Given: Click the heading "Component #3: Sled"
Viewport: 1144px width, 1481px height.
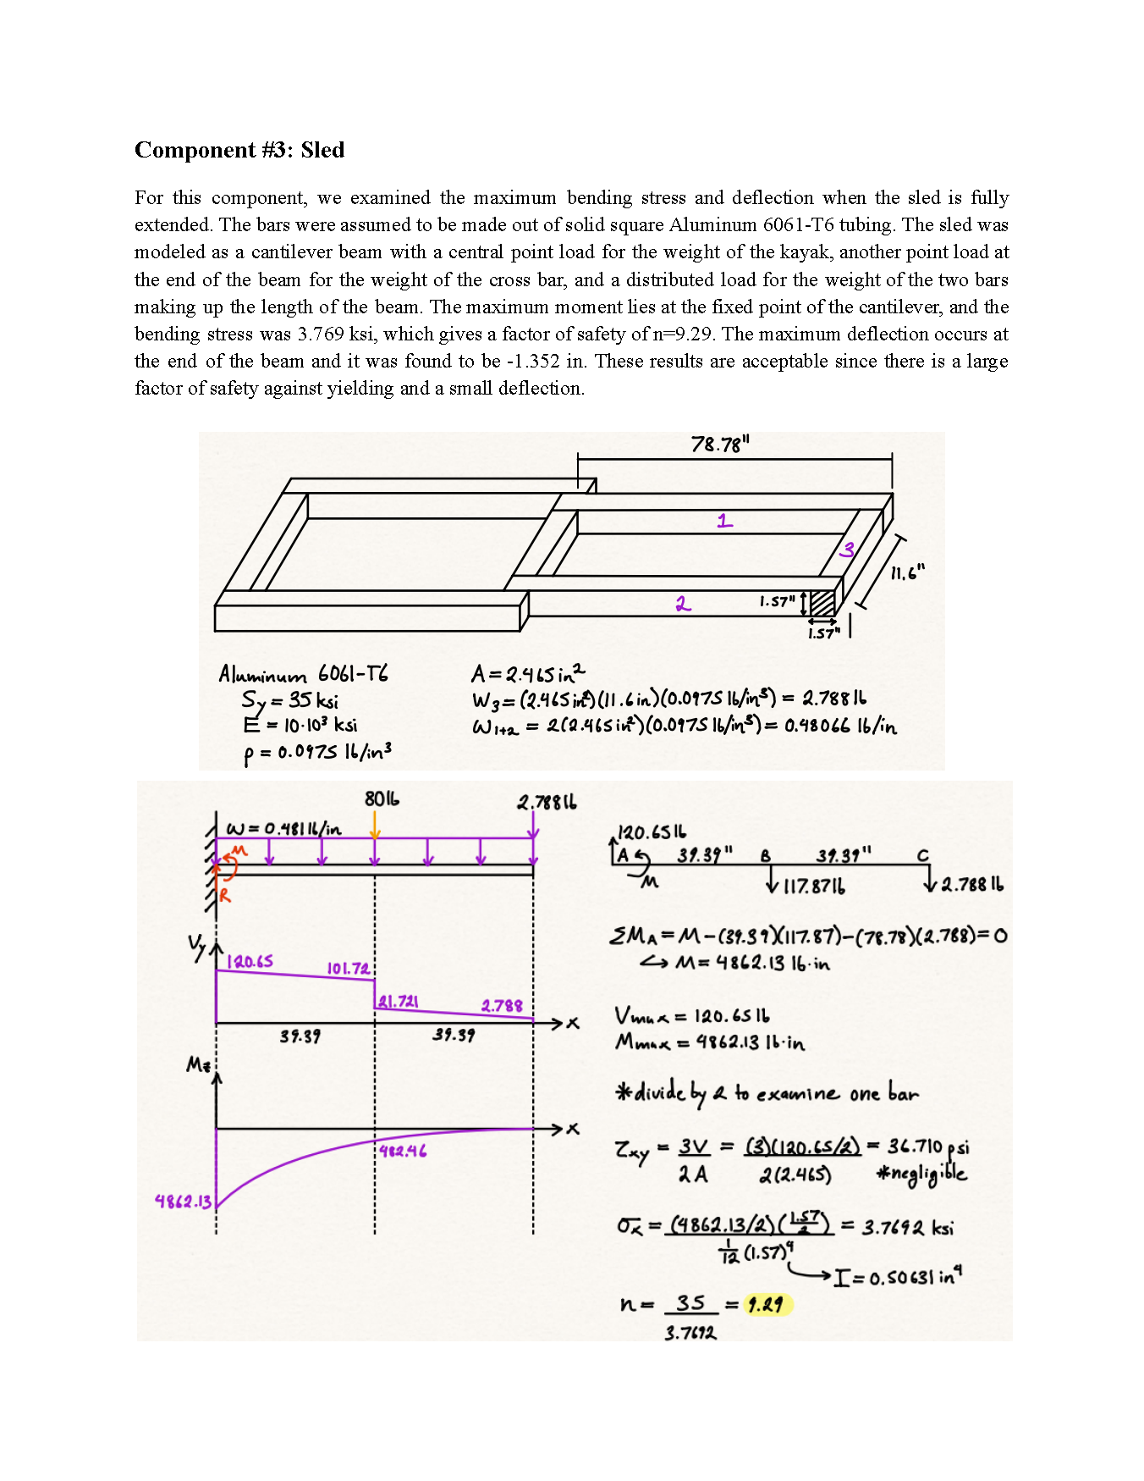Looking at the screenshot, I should tap(239, 150).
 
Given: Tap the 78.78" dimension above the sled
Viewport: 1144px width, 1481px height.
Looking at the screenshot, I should tap(720, 444).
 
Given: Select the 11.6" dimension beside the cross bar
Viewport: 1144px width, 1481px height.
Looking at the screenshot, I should tap(907, 573).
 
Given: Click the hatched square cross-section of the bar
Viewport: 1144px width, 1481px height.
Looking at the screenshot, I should tap(822, 603).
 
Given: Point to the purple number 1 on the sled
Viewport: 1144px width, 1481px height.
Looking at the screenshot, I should tap(725, 521).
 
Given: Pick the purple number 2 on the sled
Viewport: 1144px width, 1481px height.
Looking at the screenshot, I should tap(683, 603).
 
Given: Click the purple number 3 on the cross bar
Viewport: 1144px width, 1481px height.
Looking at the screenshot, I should tap(847, 550).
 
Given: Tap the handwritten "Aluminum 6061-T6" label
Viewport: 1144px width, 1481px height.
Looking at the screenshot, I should tap(303, 674).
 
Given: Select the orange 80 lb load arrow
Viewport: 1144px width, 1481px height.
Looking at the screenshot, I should tap(375, 824).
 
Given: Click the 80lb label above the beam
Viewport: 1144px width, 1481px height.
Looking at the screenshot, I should tap(382, 799).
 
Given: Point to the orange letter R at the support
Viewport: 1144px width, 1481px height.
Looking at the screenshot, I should tap(225, 894).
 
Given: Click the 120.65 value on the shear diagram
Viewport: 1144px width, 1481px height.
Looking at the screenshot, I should tap(250, 961).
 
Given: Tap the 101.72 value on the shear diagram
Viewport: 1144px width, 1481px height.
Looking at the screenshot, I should tap(348, 968).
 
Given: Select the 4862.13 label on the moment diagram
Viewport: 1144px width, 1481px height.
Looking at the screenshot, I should tap(183, 1201).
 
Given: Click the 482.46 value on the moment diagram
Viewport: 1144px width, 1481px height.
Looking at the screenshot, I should tap(403, 1151).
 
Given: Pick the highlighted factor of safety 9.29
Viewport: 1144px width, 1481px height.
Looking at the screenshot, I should tap(766, 1304).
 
